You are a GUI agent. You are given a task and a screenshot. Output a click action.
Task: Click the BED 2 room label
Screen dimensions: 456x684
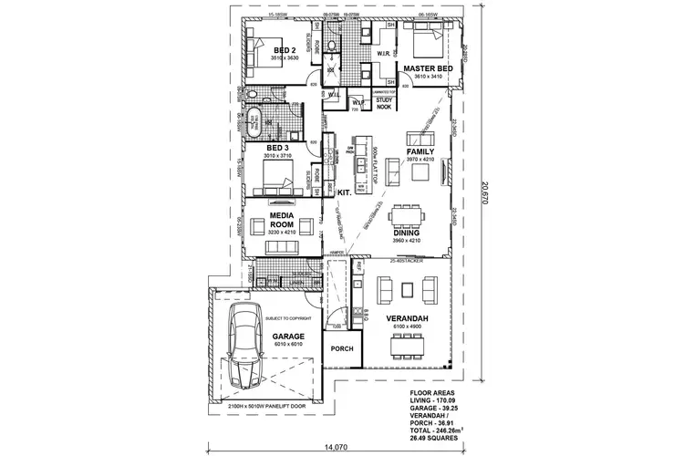285,50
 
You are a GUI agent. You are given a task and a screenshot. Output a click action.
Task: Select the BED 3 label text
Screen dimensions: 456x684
278,148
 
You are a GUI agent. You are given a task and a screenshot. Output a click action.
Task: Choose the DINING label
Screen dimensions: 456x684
407,233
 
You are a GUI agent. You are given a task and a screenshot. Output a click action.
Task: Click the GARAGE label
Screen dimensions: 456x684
288,337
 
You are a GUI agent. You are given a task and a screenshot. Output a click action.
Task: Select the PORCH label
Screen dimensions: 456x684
342,348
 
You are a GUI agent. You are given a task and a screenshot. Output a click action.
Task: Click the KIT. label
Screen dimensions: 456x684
345,193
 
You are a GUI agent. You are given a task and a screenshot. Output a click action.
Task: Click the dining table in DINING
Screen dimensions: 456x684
405,217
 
